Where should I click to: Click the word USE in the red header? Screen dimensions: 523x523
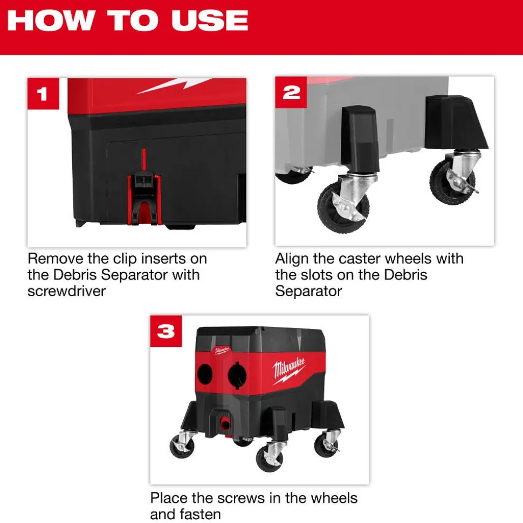tap(210, 20)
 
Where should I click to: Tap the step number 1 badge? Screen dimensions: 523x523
tap(42, 94)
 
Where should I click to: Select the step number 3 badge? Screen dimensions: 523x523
tap(166, 331)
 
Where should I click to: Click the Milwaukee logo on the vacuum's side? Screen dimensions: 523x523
tap(289, 371)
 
